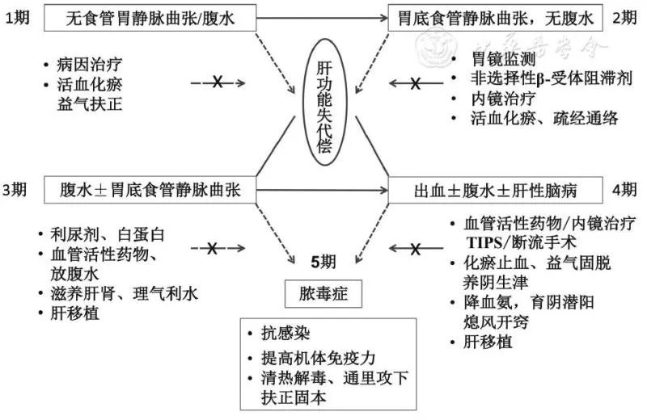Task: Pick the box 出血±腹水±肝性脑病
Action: pos(497,191)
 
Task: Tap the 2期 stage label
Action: pos(626,18)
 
